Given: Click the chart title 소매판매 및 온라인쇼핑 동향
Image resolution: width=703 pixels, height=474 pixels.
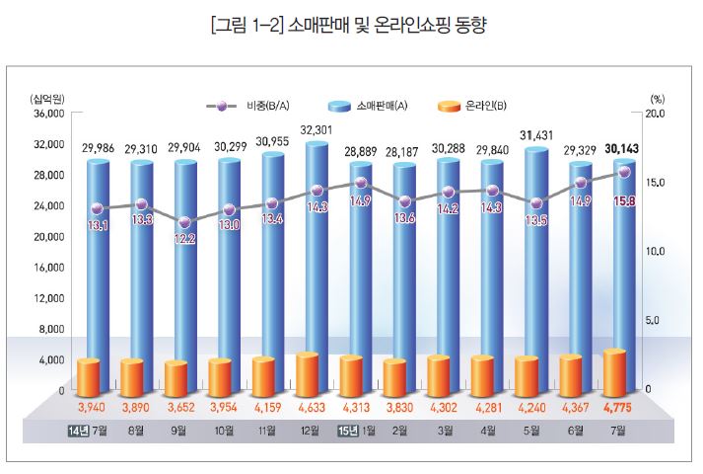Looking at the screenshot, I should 351,22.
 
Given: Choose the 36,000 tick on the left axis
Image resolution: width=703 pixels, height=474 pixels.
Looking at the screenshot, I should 47,114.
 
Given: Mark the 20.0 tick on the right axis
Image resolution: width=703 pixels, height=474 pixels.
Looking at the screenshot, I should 656,114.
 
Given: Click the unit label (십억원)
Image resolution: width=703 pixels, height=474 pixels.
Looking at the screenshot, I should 47,99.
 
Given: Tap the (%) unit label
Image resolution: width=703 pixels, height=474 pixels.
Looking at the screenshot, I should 658,99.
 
